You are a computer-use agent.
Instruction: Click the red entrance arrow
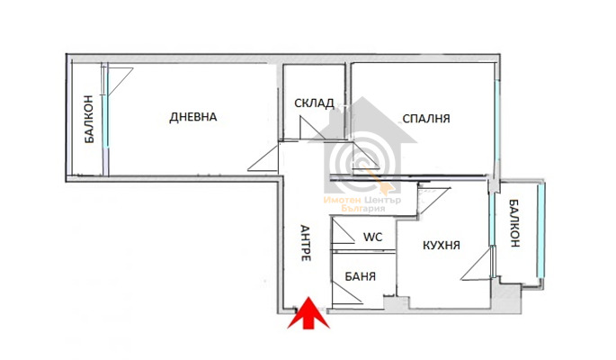pyautogui.click(x=307, y=316)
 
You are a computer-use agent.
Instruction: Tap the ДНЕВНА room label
pyautogui.click(x=193, y=117)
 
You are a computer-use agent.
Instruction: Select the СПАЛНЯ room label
pyautogui.click(x=426, y=118)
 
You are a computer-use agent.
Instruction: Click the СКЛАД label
pyautogui.click(x=314, y=103)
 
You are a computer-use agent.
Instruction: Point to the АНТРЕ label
pyautogui.click(x=305, y=242)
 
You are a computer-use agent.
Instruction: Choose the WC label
pyautogui.click(x=372, y=238)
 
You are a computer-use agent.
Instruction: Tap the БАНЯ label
pyautogui.click(x=361, y=276)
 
